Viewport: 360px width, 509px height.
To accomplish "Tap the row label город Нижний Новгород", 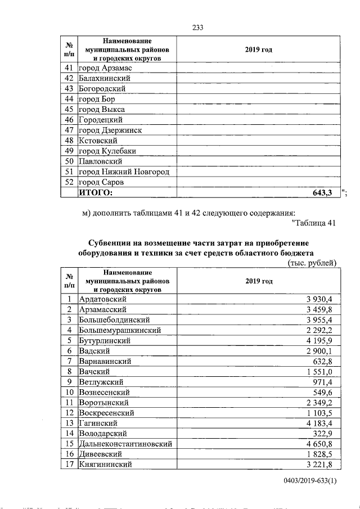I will [x=124, y=172].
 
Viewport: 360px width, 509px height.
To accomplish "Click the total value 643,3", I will [x=322, y=193].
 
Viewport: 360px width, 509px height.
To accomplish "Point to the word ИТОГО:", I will [x=95, y=193].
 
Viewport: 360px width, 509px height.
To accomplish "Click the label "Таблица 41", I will [x=314, y=223].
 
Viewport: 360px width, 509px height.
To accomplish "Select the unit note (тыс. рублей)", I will [x=312, y=263].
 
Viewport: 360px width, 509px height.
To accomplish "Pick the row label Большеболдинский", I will [x=114, y=319].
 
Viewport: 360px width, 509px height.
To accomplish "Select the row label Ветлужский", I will [x=101, y=382].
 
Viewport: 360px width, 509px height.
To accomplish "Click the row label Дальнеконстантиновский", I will [x=125, y=444].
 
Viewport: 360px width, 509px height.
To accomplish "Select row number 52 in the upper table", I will [x=69, y=182].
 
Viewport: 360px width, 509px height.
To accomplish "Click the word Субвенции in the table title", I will [x=110, y=242].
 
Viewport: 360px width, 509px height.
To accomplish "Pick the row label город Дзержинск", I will [x=110, y=130].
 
